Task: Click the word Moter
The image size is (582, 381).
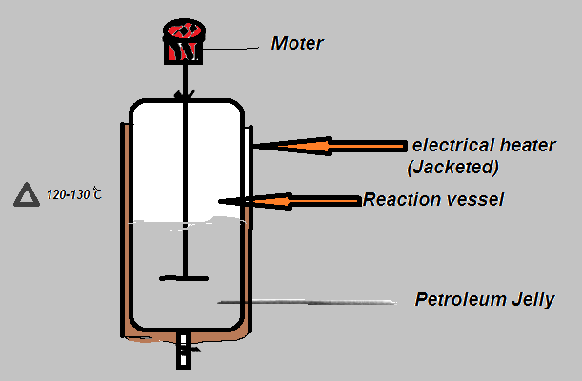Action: point(298,42)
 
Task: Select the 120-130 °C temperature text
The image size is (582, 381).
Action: point(74,195)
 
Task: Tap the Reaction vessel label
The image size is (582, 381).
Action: point(433,199)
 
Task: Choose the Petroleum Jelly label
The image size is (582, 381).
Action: point(485,299)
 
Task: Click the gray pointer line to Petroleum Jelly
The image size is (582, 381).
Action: point(305,303)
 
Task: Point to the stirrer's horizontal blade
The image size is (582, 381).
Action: point(185,278)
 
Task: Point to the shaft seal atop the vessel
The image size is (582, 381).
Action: point(185,95)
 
